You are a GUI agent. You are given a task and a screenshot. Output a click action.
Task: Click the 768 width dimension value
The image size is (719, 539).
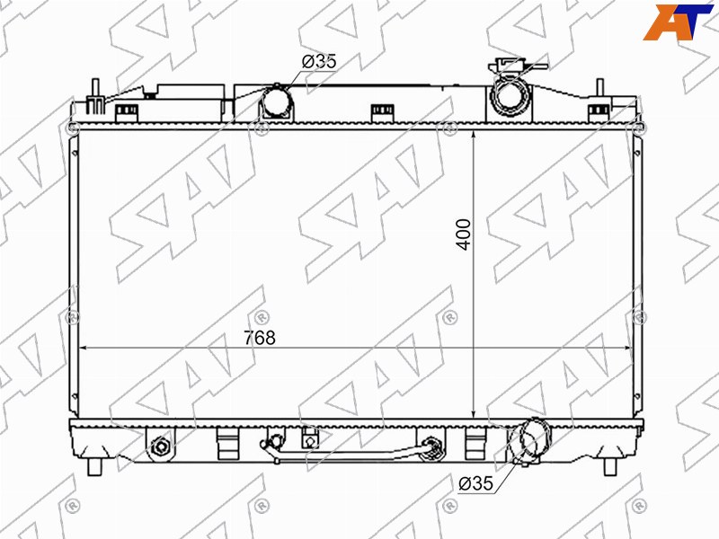pos(260,338)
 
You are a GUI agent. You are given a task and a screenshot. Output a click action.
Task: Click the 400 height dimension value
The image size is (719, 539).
pos(464,234)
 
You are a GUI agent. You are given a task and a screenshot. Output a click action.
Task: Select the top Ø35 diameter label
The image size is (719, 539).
pos(319,61)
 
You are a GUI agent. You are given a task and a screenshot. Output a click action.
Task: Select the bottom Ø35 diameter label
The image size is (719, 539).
pos(475,483)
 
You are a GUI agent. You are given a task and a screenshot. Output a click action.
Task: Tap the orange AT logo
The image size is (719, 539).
pos(678,22)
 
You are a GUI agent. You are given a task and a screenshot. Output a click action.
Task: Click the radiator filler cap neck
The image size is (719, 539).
pos(510,94)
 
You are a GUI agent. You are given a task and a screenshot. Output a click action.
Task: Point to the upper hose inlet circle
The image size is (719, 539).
pos(277,101)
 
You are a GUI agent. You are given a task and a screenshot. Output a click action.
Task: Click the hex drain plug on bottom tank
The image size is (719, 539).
pos(161,446)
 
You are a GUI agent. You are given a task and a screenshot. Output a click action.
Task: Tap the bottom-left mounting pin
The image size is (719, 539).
pos(95,466)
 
